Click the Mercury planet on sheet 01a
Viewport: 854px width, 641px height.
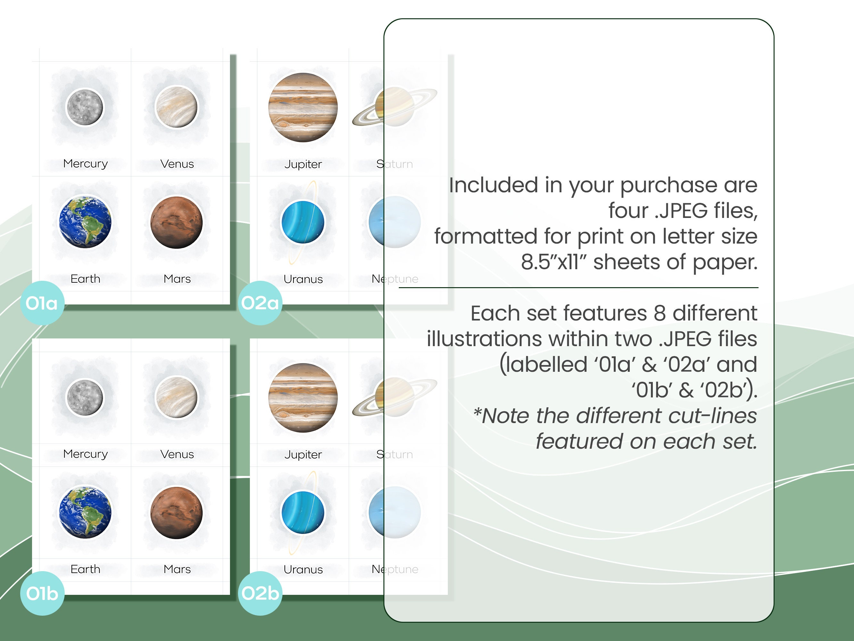[x=85, y=107]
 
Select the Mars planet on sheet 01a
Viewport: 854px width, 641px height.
[x=177, y=222]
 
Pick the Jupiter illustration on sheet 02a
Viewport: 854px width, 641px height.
[x=303, y=107]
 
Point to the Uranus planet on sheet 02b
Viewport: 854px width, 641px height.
[x=303, y=512]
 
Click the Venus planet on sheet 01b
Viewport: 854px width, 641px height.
[x=177, y=397]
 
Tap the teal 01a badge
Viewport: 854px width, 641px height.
[x=42, y=303]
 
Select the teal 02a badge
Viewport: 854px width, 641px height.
[x=260, y=303]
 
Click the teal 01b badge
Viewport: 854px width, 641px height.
[x=42, y=594]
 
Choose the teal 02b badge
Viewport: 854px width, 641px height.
[x=260, y=594]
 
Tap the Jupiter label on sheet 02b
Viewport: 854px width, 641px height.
[x=303, y=454]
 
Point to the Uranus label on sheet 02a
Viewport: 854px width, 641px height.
[x=303, y=279]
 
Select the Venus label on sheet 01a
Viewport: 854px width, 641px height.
[x=177, y=164]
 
